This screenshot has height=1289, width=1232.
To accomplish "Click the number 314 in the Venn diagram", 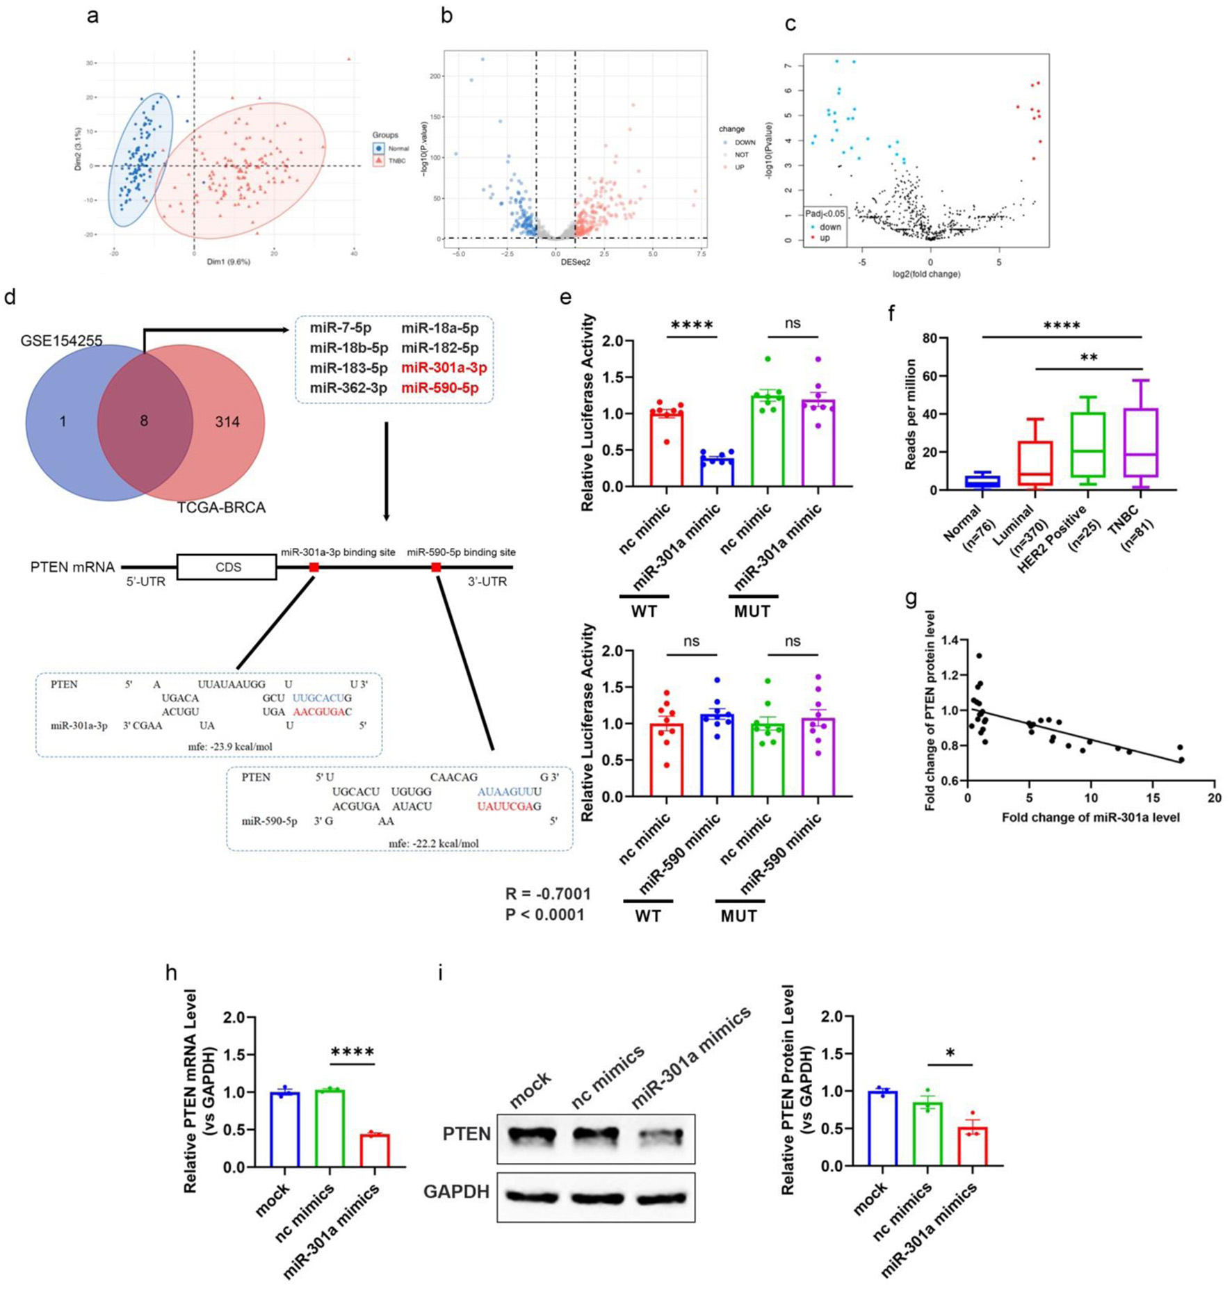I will tap(227, 421).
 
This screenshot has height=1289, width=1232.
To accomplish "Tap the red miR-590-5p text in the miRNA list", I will tap(440, 388).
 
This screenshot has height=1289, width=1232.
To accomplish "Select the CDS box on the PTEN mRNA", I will tap(227, 567).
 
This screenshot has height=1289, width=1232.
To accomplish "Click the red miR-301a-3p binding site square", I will tap(314, 567).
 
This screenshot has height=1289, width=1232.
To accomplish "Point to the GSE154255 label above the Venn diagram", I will tap(62, 341).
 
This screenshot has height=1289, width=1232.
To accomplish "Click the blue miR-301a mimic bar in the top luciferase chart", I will tap(717, 470).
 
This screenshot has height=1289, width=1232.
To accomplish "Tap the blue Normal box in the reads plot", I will tap(983, 481).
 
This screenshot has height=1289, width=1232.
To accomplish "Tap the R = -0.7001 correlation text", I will tap(548, 893).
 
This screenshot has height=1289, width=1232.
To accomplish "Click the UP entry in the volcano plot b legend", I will tap(739, 168).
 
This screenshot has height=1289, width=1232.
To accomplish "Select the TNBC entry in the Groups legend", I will tap(396, 161).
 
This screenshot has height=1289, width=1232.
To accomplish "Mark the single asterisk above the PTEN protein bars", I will tap(950, 1054).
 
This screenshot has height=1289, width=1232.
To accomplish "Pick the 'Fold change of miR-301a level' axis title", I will tap(1090, 818).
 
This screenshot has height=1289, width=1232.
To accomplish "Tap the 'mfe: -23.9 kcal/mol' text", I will tap(209, 747).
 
